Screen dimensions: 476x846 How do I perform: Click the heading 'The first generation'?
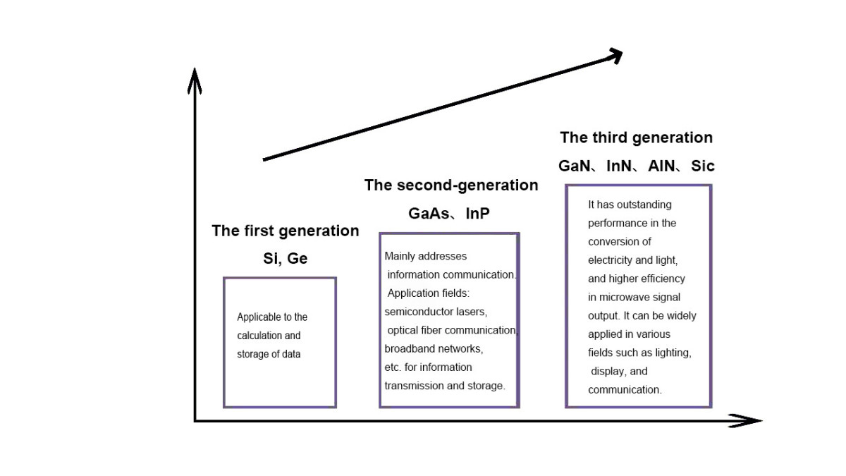click(x=285, y=231)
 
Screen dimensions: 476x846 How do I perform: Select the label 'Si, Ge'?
click(x=285, y=258)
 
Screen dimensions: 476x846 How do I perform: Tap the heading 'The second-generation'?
click(x=451, y=185)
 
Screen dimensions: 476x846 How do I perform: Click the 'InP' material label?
click(x=477, y=213)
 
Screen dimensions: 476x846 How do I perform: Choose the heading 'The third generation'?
click(x=636, y=138)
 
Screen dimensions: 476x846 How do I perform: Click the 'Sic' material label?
click(x=702, y=166)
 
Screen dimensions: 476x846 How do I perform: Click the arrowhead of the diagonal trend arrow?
click(x=615, y=56)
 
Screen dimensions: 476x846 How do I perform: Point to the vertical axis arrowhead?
click(x=195, y=79)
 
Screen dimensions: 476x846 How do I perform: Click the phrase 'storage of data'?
click(x=269, y=354)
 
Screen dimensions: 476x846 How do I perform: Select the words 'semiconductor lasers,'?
click(x=436, y=311)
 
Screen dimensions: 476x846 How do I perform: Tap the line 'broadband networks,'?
click(x=434, y=348)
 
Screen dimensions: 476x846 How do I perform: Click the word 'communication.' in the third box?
click(x=625, y=389)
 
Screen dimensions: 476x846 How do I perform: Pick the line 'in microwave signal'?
click(x=634, y=298)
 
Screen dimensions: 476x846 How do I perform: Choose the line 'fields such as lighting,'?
click(x=639, y=353)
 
